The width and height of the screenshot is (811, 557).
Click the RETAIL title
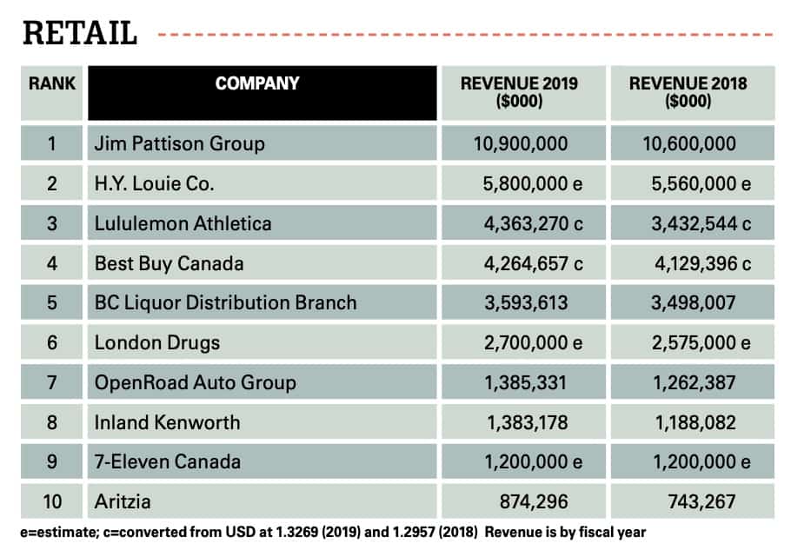(80, 33)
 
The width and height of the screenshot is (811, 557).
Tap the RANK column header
(52, 84)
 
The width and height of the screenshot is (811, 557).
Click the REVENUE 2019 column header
(519, 92)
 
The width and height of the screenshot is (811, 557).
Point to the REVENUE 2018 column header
(688, 92)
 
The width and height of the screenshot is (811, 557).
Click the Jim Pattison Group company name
(179, 143)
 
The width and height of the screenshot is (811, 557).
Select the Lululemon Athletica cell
(183, 223)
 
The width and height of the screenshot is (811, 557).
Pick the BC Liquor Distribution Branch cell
(225, 303)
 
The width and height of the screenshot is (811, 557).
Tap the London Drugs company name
(157, 343)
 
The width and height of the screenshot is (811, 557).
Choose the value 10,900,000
(519, 143)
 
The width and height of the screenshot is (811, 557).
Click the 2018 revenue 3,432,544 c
(695, 223)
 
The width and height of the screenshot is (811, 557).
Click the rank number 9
(52, 462)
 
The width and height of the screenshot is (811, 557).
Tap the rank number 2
(52, 183)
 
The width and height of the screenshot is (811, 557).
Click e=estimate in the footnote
(55, 531)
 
